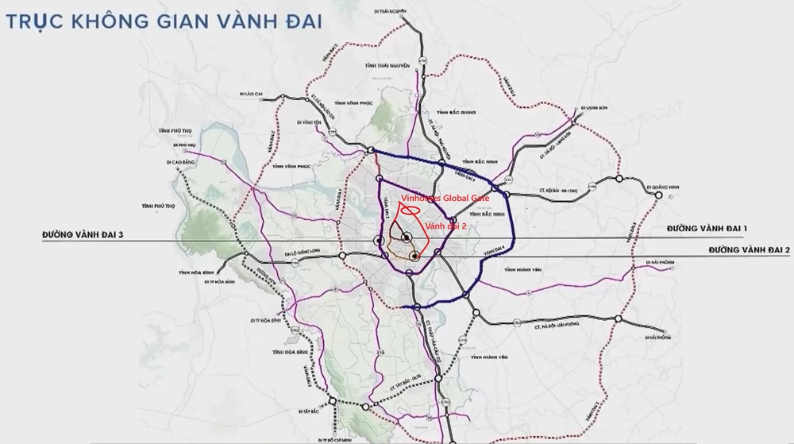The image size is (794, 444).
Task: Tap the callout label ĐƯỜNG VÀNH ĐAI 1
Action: [x=707, y=229]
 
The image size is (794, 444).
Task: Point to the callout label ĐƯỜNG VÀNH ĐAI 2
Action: [x=750, y=250]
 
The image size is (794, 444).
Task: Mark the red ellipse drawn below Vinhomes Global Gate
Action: [x=409, y=211]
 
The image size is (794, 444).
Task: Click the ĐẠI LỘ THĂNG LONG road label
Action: [x=305, y=255]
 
